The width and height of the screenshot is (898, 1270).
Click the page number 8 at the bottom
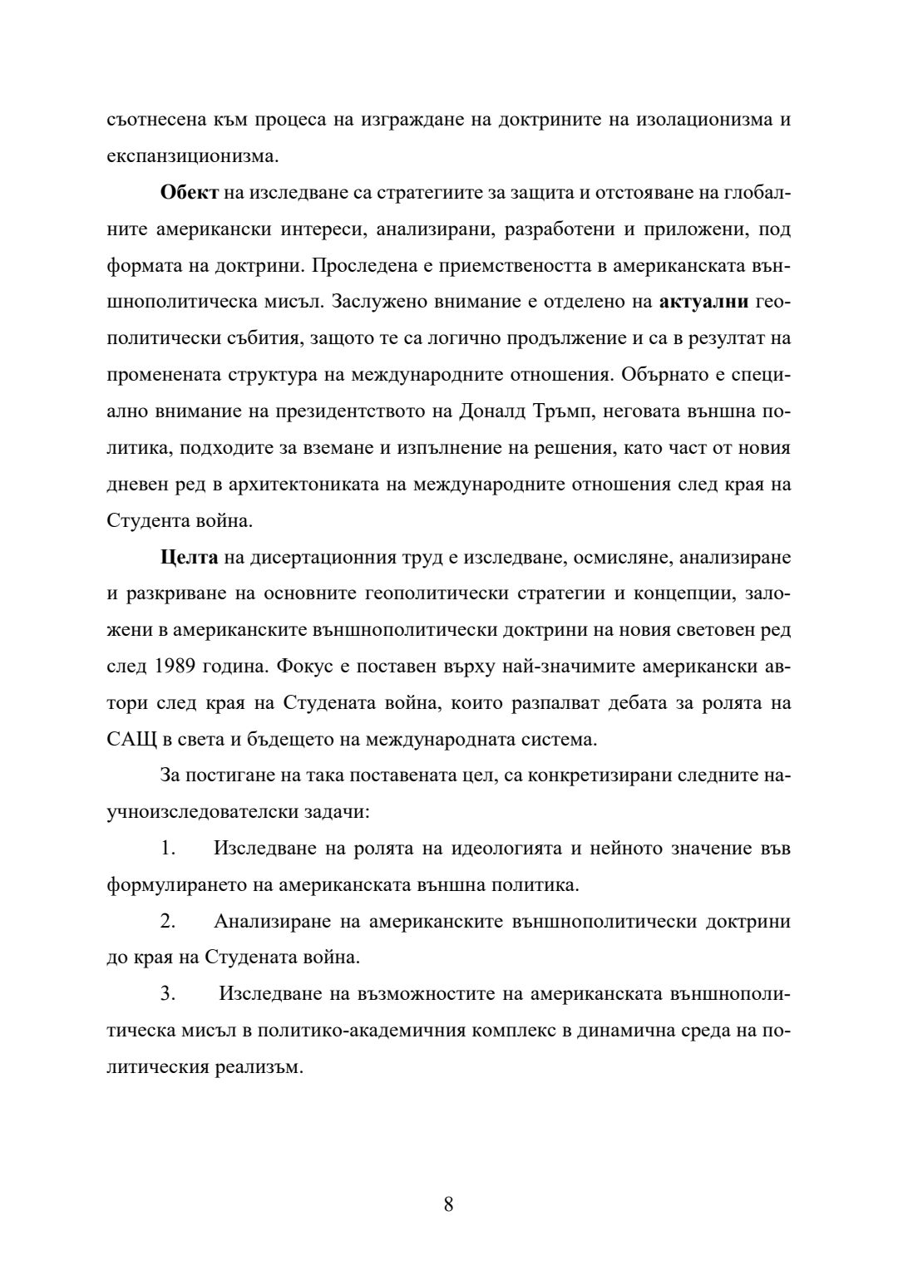448,1204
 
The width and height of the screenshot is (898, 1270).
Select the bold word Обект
190,192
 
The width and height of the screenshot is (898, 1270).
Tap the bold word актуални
703,302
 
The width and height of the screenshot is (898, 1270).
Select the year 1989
175,667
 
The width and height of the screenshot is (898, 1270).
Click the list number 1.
168,849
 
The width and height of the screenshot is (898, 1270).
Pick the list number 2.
168,922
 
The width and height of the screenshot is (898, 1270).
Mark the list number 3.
168,995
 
